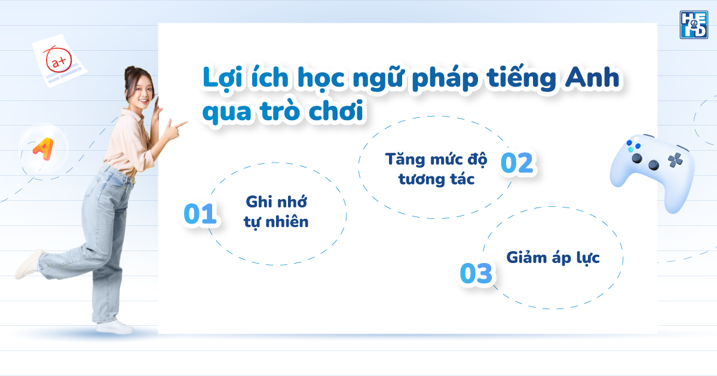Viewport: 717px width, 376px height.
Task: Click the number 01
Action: click(x=200, y=215)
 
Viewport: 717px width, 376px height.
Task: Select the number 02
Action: click(x=516, y=163)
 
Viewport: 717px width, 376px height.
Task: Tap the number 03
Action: click(x=476, y=273)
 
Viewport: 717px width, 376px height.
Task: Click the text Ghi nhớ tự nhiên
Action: click(x=276, y=211)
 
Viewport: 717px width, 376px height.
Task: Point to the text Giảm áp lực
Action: click(x=553, y=258)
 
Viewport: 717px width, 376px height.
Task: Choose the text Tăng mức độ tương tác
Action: click(x=436, y=169)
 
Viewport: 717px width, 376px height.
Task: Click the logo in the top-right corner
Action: click(x=693, y=25)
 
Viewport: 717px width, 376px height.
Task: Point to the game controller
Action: click(x=652, y=170)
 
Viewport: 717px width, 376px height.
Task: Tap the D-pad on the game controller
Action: click(x=676, y=160)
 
